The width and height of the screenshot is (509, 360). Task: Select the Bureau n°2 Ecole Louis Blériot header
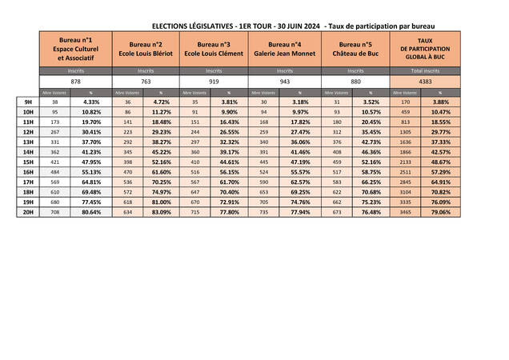pyautogui.click(x=146, y=49)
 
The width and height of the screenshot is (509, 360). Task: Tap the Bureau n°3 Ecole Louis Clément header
pyautogui.click(x=214, y=49)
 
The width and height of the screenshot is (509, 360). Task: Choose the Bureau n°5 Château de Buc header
pyautogui.click(x=355, y=49)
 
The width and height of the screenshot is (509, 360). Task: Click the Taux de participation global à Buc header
pyautogui.click(x=425, y=49)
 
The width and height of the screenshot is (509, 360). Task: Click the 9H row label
pyautogui.click(x=27, y=102)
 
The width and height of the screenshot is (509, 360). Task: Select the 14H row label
pyautogui.click(x=27, y=151)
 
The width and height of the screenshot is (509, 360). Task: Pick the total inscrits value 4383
pyautogui.click(x=425, y=82)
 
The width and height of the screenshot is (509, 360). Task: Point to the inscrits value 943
pyautogui.click(x=285, y=82)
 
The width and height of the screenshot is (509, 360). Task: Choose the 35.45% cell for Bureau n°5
pyautogui.click(x=371, y=132)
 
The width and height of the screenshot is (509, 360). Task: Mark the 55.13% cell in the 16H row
pyautogui.click(x=91, y=171)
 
